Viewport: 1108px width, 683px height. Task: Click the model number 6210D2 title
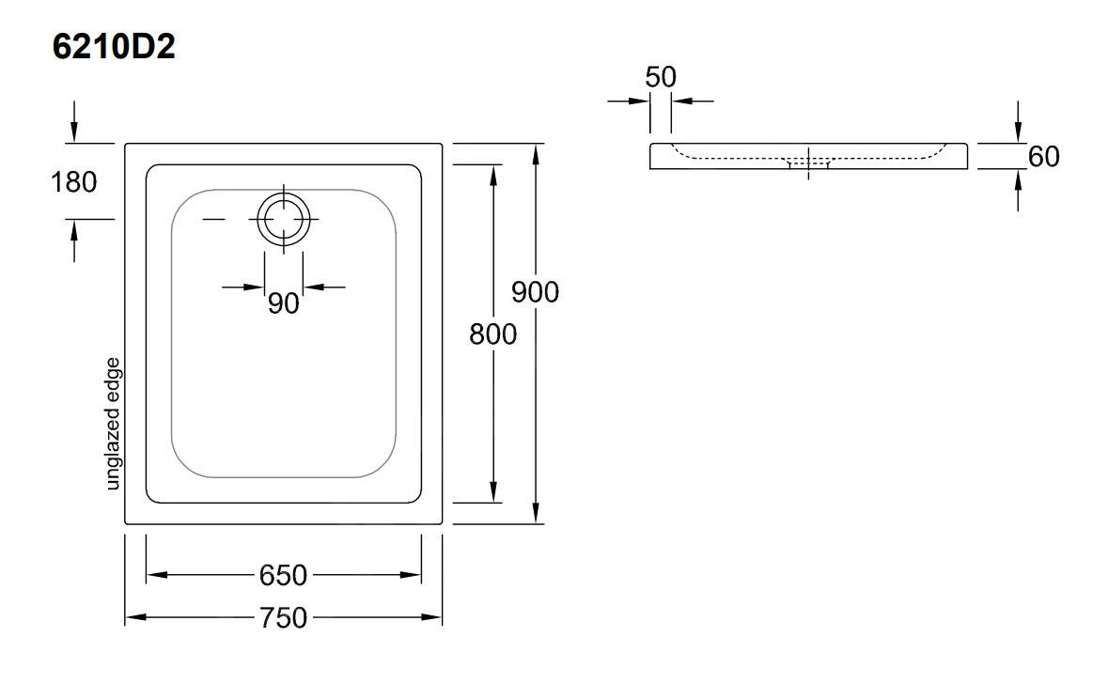click(114, 47)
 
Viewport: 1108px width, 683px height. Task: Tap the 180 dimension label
click(73, 181)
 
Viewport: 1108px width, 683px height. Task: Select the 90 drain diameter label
click(283, 303)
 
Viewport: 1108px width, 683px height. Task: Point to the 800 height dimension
click(493, 334)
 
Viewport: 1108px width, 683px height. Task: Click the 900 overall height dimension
click(535, 292)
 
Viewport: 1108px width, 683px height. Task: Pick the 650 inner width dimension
click(283, 574)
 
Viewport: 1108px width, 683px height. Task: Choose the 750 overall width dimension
click(283, 617)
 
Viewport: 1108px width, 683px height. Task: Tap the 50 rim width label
click(661, 77)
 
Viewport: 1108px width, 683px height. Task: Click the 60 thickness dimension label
click(1043, 157)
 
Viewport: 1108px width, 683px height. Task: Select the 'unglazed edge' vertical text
click(114, 423)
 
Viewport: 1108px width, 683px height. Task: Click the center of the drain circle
click(283, 219)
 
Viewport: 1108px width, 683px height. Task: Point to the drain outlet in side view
click(808, 165)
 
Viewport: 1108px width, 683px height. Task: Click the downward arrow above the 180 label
click(74, 133)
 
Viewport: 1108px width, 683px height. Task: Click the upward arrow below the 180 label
click(74, 228)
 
